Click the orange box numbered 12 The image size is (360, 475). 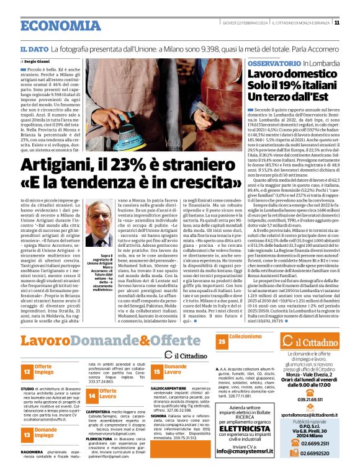click(x=27, y=371)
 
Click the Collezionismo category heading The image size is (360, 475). click(x=245, y=337)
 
